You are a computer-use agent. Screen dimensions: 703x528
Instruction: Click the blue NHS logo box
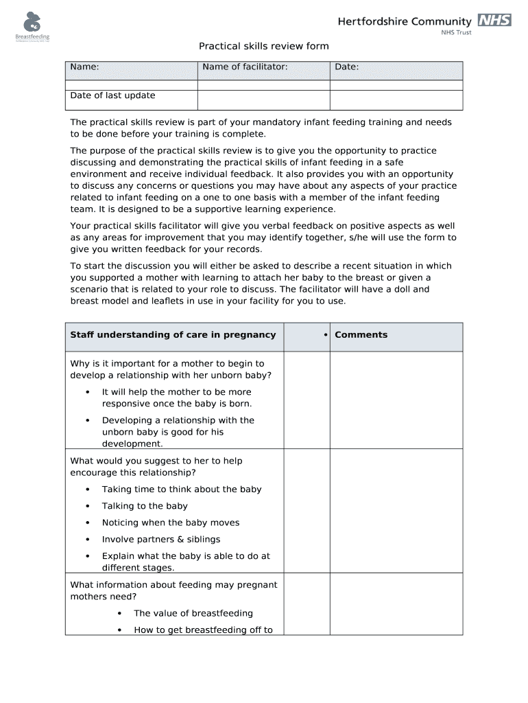pyautogui.click(x=494, y=21)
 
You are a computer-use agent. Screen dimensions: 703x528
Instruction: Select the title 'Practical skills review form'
pyautogui.click(x=264, y=46)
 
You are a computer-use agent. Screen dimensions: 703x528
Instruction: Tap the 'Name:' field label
pyautogui.click(x=84, y=67)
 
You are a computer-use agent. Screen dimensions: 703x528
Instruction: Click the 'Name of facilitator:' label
pyautogui.click(x=245, y=67)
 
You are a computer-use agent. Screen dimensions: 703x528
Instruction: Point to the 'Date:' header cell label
pyautogui.click(x=347, y=67)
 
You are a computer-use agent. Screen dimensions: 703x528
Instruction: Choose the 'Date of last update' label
pyautogui.click(x=112, y=95)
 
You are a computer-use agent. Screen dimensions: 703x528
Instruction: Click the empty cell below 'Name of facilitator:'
pyautogui.click(x=263, y=96)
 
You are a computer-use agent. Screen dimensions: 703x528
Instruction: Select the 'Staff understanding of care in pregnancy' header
pyautogui.click(x=173, y=335)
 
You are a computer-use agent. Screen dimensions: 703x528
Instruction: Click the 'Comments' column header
pyautogui.click(x=361, y=335)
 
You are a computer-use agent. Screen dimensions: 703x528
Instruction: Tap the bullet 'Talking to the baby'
pyautogui.click(x=145, y=506)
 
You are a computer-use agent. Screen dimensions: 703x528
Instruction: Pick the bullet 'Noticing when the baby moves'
pyautogui.click(x=171, y=522)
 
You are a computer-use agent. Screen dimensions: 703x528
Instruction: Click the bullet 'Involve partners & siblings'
pyautogui.click(x=161, y=540)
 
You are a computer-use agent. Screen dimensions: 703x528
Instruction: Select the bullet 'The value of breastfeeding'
pyautogui.click(x=193, y=613)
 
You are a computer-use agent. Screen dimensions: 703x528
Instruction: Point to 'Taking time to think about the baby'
pyautogui.click(x=182, y=489)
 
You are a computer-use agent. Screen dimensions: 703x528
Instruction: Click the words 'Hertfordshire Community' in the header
pyautogui.click(x=405, y=21)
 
